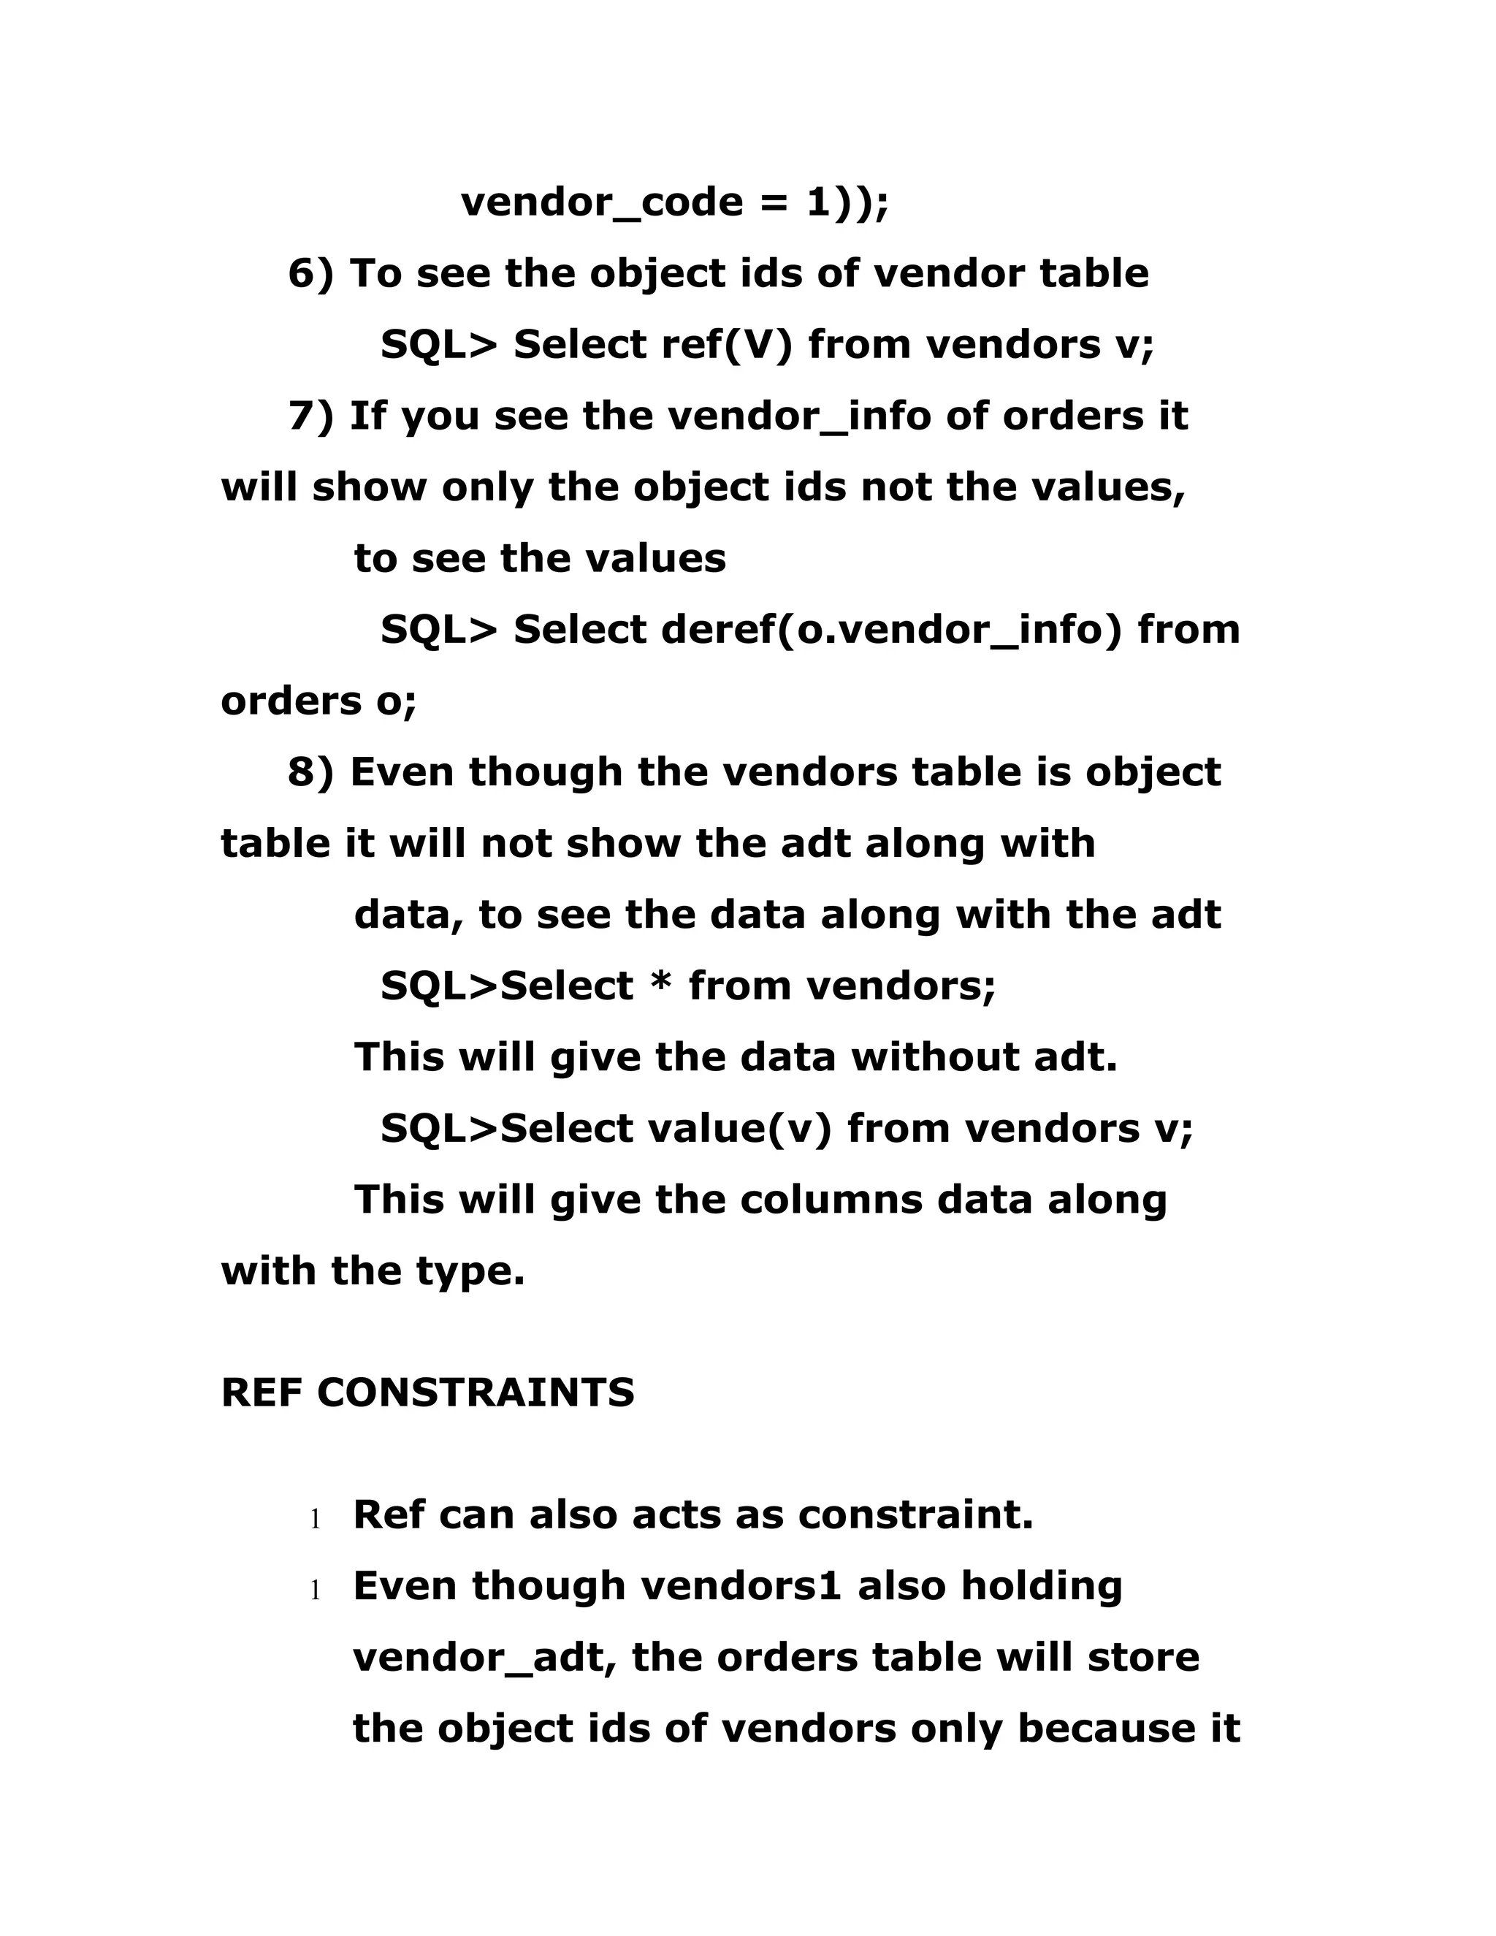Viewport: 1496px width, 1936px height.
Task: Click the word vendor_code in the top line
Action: (x=602, y=203)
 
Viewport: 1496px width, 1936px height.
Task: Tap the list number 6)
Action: (x=311, y=274)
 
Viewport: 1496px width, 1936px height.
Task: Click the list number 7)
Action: (x=311, y=416)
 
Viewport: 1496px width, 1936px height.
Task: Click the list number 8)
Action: (x=311, y=773)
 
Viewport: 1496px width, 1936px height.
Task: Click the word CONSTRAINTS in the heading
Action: (x=476, y=1393)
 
